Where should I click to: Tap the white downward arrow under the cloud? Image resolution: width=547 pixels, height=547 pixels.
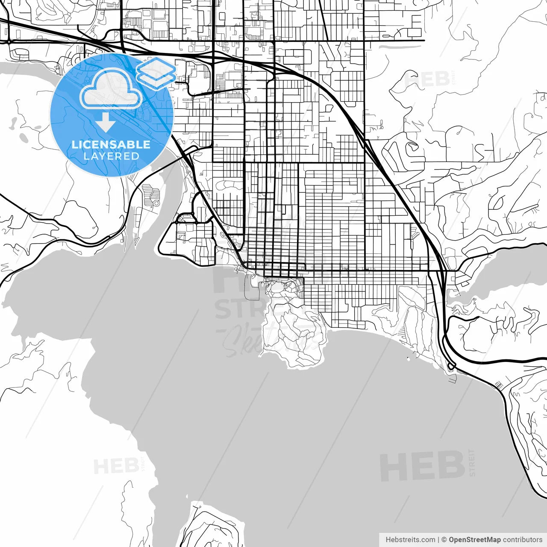(x=105, y=123)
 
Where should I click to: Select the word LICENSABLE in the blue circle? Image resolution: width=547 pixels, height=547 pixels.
(x=111, y=144)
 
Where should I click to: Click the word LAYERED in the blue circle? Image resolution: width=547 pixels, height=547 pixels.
(x=111, y=156)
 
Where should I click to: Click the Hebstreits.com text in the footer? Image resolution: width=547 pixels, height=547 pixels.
(x=410, y=540)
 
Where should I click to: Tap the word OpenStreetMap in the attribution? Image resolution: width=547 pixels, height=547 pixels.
(x=475, y=540)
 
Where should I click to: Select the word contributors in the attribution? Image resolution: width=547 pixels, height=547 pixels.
(x=522, y=540)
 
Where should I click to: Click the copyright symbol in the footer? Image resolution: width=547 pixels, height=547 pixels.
(x=444, y=540)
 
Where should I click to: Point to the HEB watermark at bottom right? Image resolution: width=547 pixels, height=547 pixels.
(x=422, y=466)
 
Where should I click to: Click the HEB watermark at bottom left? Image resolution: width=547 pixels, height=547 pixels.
(x=116, y=466)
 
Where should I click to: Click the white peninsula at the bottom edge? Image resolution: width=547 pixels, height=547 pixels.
(x=209, y=526)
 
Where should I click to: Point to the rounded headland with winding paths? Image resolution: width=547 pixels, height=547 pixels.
(x=295, y=338)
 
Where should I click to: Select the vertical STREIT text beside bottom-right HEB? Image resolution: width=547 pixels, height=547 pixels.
(x=472, y=462)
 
